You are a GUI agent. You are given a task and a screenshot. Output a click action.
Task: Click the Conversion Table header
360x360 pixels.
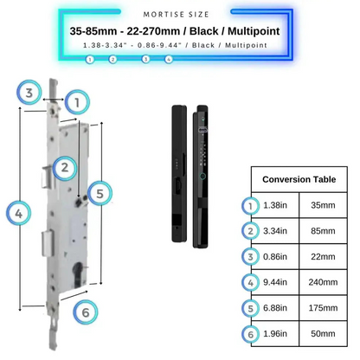pos(299,180)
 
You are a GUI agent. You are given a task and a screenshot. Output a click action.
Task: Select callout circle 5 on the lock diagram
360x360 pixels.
pos(100,194)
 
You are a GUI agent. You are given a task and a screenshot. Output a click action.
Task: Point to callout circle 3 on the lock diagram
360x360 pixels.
pos(29,93)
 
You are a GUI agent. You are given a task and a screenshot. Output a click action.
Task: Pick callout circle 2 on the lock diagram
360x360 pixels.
pos(64,167)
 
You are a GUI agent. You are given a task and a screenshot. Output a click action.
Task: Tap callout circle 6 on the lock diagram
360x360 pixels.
pos(84,312)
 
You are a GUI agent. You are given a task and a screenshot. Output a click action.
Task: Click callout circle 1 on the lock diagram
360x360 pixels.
pos(77,103)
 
